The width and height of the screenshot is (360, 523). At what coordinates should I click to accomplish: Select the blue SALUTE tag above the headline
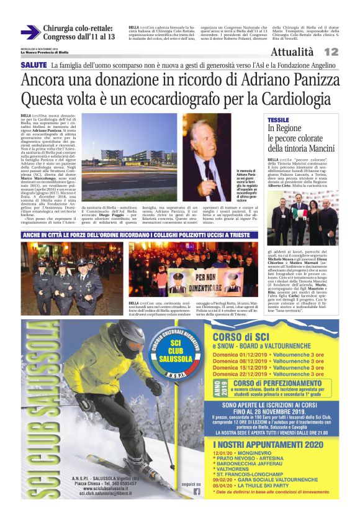[34, 65]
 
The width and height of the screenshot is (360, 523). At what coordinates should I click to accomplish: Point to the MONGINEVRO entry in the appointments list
[254, 454]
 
